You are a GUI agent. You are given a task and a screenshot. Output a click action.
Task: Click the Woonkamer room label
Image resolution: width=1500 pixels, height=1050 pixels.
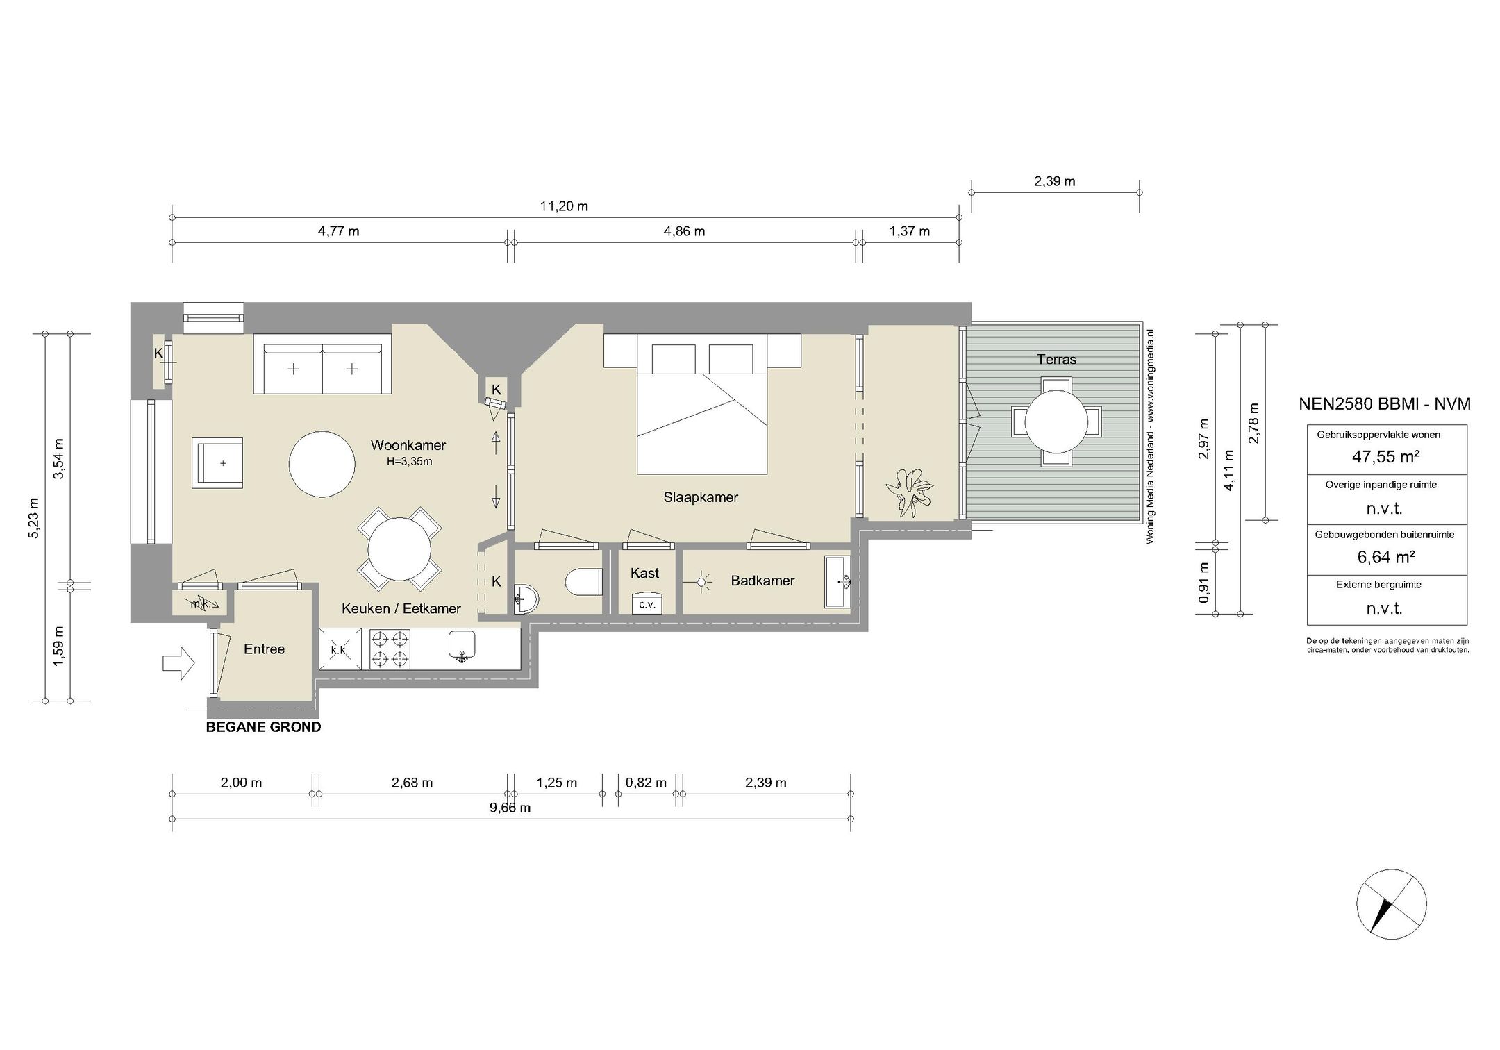(408, 445)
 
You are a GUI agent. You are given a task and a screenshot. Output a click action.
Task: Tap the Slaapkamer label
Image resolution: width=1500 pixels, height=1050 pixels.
(701, 497)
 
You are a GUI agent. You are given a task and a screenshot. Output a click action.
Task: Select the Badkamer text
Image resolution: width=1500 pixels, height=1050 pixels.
(762, 581)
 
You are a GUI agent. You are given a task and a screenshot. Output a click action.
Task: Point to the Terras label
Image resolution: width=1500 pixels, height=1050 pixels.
(1056, 359)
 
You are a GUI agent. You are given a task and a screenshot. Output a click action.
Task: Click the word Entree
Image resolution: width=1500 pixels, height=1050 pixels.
(264, 649)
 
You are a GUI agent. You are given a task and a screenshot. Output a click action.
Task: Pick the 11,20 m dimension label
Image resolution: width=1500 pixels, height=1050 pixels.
(564, 206)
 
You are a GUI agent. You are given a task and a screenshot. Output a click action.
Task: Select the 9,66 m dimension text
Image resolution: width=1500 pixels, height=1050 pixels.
(510, 808)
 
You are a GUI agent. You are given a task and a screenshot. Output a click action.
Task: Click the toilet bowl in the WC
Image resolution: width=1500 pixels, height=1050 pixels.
(583, 582)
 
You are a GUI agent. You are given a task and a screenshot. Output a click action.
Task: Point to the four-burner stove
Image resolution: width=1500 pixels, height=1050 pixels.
(390, 649)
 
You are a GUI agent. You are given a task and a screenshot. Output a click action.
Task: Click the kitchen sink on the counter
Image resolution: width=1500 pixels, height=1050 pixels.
(462, 645)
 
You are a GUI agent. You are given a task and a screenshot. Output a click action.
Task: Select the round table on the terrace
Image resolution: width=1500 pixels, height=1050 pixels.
(1056, 422)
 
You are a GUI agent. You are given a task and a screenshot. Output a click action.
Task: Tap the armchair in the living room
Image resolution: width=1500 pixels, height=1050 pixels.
(218, 463)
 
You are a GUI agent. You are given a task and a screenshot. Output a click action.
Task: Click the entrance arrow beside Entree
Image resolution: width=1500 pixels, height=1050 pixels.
(180, 663)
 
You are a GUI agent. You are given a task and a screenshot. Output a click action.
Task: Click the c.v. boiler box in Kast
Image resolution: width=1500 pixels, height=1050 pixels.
(647, 604)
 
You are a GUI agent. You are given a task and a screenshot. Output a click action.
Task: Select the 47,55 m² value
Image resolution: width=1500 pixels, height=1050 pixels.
(1385, 457)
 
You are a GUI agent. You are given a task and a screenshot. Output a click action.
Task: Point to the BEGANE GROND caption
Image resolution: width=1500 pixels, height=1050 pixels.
(264, 727)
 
